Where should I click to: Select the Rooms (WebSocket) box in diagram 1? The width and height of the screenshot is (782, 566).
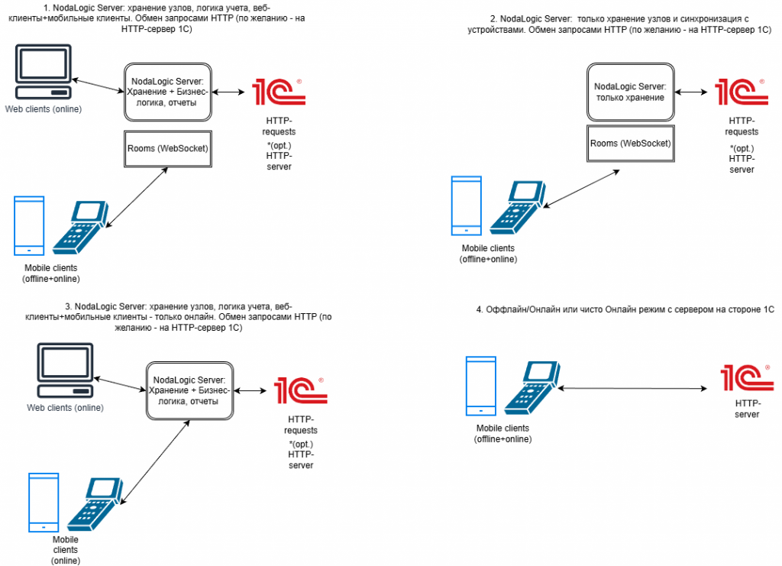166,149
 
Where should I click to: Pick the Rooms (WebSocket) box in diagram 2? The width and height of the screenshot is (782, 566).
631,143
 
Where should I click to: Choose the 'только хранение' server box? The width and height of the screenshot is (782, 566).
630,92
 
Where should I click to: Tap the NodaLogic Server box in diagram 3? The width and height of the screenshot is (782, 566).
189,390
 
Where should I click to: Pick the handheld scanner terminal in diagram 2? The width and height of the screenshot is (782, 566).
516,207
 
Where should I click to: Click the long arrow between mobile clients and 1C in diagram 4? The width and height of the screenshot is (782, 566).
633,389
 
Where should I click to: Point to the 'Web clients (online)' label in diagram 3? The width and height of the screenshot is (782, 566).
65,407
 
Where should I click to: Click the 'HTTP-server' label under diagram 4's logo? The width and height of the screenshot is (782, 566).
746,408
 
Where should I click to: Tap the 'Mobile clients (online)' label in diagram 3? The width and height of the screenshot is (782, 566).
65,550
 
